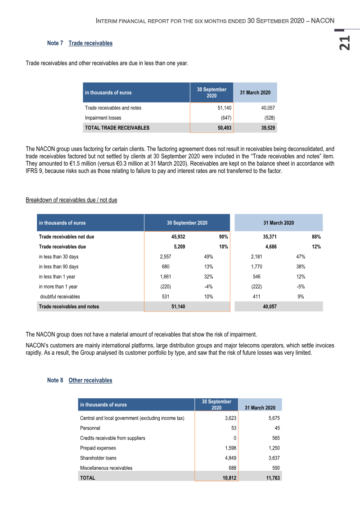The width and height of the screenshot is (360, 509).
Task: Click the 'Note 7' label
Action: pyautogui.click(x=55, y=43)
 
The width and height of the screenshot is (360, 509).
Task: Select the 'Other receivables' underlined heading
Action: pyautogui.click(x=90, y=380)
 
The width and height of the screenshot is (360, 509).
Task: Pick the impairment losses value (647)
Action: pyautogui.click(x=226, y=118)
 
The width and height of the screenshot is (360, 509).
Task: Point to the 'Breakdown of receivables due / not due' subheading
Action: pyautogui.click(x=71, y=200)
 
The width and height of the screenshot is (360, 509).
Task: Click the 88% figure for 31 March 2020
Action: pyautogui.click(x=316, y=237)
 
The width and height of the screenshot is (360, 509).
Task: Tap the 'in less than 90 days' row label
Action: pyautogui.click(x=58, y=267)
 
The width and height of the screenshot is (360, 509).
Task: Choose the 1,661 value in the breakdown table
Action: pyautogui.click(x=165, y=277)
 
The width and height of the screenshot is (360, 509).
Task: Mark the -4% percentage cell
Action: pyautogui.click(x=208, y=287)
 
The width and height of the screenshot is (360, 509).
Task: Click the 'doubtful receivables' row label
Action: pyautogui.click(x=60, y=297)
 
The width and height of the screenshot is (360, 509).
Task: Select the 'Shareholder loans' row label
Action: pyautogui.click(x=98, y=458)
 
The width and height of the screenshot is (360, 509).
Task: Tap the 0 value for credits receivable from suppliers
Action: pyautogui.click(x=235, y=438)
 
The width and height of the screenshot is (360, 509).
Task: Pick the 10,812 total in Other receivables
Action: pyautogui.click(x=229, y=478)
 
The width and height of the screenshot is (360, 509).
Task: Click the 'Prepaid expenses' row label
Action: pyautogui.click(x=98, y=448)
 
